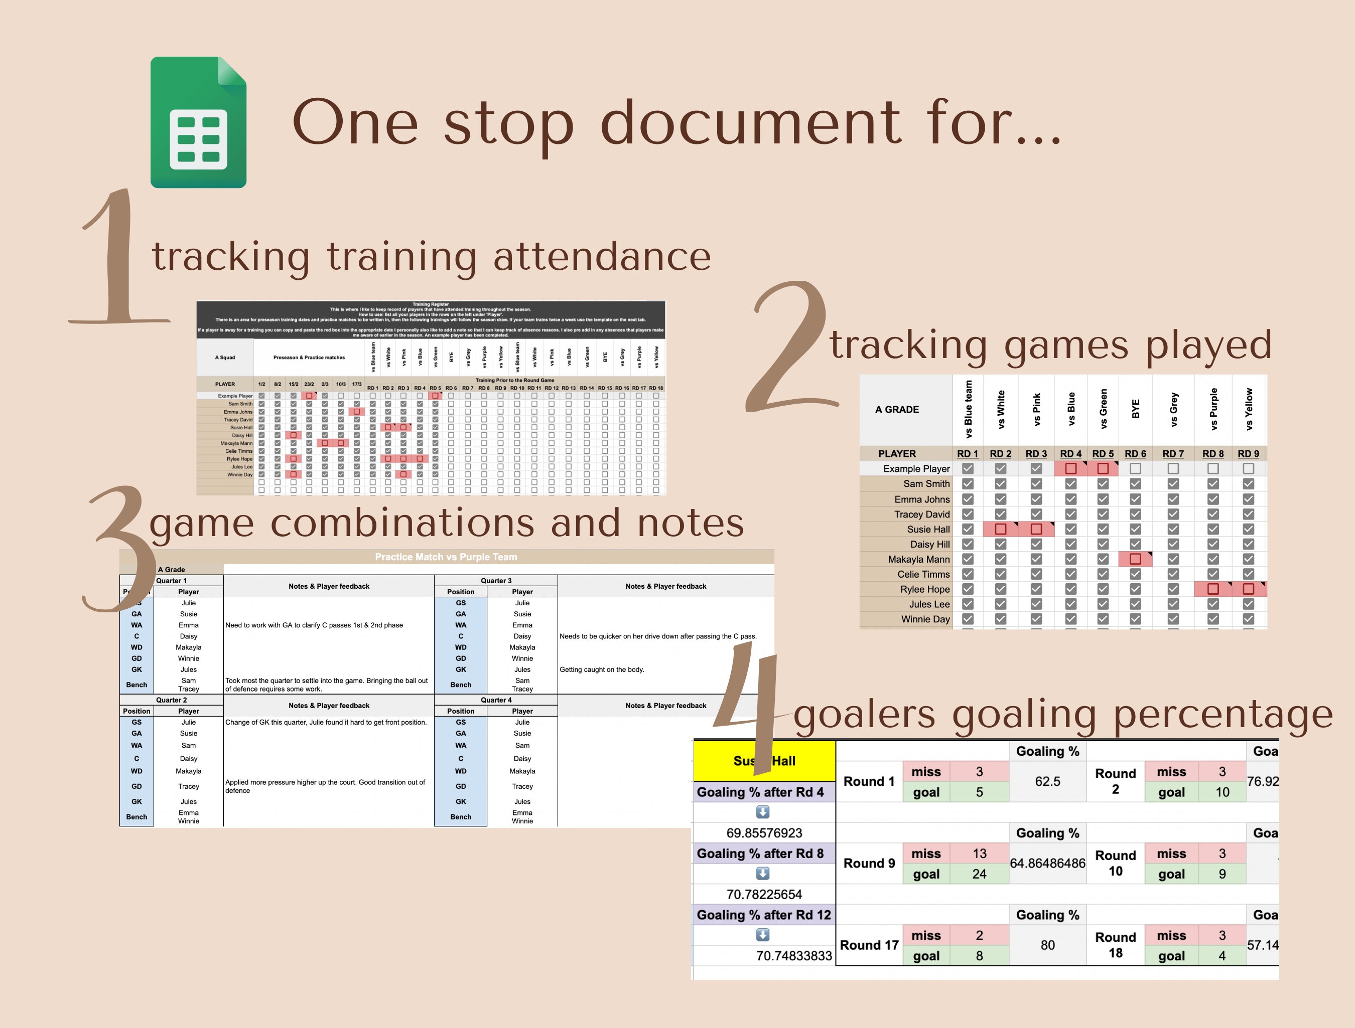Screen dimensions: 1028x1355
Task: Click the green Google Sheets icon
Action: click(198, 122)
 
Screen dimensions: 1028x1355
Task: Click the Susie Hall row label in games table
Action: click(928, 529)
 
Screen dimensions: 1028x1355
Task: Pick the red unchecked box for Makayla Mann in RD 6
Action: click(1135, 559)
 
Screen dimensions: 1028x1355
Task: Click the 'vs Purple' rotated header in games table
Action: click(1213, 409)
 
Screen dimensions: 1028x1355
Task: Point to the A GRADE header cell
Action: click(897, 410)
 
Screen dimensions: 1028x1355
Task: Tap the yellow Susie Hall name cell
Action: click(764, 761)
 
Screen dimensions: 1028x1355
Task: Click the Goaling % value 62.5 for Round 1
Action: click(1047, 781)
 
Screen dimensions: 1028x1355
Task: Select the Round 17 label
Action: click(869, 945)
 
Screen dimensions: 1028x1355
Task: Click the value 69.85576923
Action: click(764, 833)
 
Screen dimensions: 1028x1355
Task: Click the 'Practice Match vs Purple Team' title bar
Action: click(446, 557)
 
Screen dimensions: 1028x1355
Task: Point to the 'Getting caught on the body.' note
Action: click(602, 669)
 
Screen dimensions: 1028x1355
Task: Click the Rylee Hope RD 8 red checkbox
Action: click(1212, 589)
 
